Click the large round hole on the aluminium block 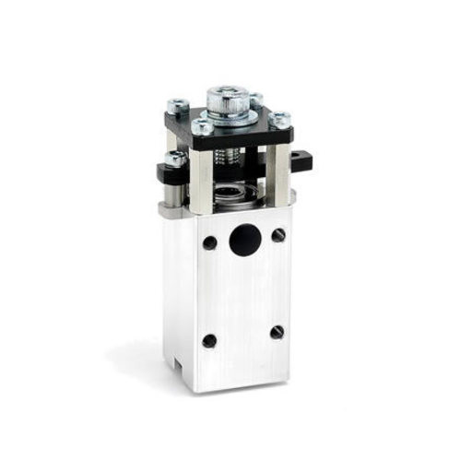coord(244,240)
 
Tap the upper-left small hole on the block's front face coord(210,243)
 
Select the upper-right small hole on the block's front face coord(278,235)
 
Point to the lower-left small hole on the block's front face coord(209,340)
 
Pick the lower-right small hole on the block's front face coord(277,332)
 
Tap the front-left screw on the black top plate coord(202,128)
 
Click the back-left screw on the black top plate coord(178,106)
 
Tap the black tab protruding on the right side coord(301,161)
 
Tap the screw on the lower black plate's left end coord(173,159)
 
